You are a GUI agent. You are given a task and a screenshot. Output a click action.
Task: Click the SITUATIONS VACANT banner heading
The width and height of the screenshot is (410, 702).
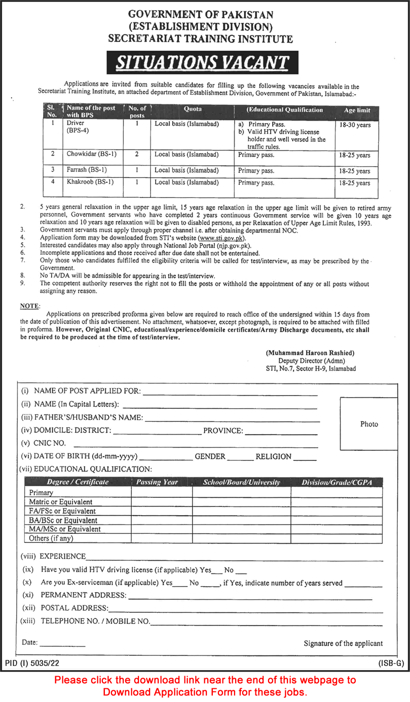(x=202, y=62)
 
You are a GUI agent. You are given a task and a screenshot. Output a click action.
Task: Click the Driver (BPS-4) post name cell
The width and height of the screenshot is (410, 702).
(x=76, y=127)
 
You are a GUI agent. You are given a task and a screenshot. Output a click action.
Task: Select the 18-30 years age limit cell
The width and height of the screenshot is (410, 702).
(x=355, y=125)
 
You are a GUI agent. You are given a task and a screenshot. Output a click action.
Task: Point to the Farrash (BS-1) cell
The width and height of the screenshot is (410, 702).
(x=87, y=170)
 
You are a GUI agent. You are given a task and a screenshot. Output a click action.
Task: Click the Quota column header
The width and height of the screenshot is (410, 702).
(x=193, y=109)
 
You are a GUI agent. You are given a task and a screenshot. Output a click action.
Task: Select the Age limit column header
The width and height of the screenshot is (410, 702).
(x=357, y=110)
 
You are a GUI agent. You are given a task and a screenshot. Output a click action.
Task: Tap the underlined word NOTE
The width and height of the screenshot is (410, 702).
(x=29, y=306)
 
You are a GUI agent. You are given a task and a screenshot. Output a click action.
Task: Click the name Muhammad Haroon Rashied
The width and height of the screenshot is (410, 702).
(x=310, y=353)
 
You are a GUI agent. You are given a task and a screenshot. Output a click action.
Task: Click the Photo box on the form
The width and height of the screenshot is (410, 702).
(x=368, y=424)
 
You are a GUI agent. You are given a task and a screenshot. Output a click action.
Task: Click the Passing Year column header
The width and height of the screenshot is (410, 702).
(x=157, y=482)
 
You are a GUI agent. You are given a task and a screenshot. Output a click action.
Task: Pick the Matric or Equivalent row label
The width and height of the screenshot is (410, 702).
(x=60, y=502)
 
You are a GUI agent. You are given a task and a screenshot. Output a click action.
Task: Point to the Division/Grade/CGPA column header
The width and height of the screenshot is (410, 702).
(x=337, y=482)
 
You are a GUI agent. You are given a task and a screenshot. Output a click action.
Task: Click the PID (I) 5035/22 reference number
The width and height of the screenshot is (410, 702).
(x=32, y=662)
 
